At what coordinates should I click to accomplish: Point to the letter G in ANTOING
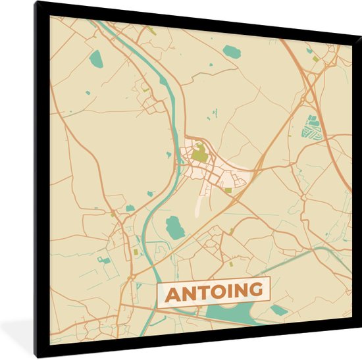click(x=258, y=289)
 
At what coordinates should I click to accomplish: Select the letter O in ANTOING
click(x=222, y=291)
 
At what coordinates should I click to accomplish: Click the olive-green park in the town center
click(x=199, y=155)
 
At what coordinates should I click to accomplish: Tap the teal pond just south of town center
click(x=174, y=228)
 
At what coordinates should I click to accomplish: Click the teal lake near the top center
click(x=232, y=51)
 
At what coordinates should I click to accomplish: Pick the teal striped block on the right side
click(x=312, y=127)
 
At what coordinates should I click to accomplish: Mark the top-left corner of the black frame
click(x=37, y=3)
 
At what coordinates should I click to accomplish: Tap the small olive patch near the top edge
click(x=151, y=30)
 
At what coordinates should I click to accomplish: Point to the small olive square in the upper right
click(x=315, y=59)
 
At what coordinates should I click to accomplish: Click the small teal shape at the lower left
click(x=103, y=260)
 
